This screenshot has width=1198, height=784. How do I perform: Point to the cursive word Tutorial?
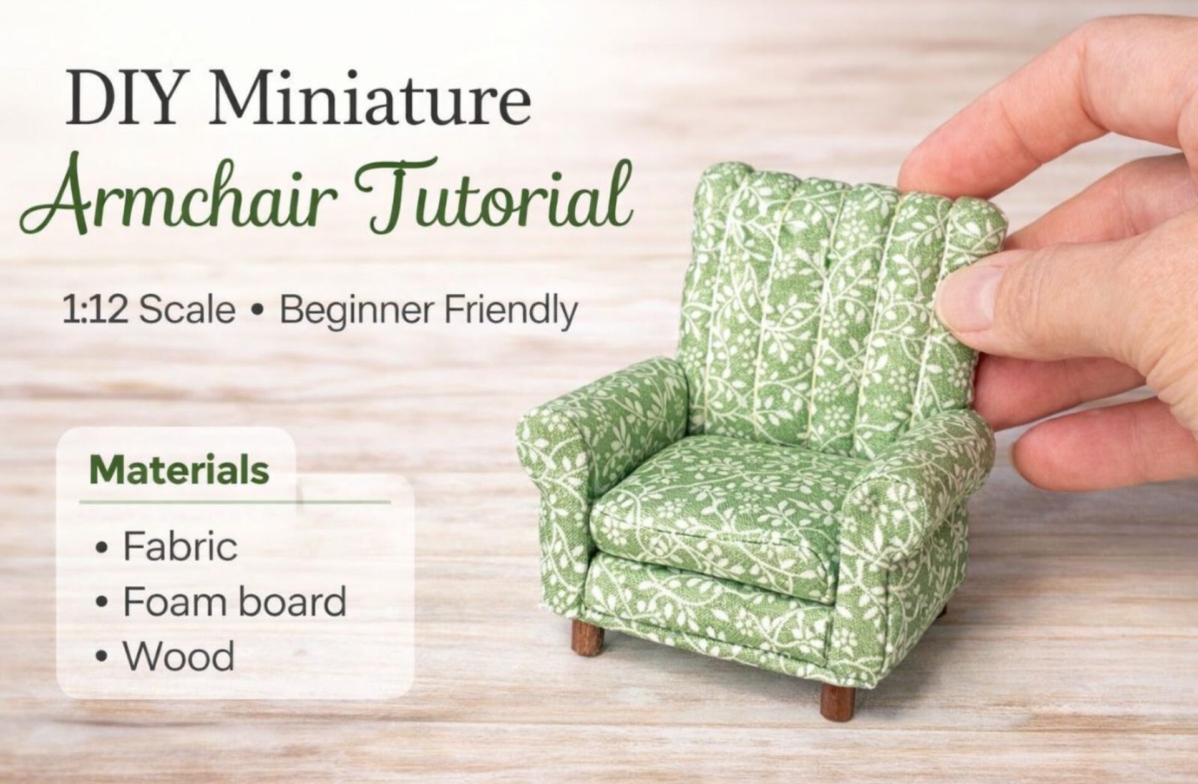pos(493,196)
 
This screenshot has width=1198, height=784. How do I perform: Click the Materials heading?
pos(179,471)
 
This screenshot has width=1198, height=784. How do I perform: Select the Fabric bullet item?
pos(180,546)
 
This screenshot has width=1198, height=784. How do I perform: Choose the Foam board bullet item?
pos(234,601)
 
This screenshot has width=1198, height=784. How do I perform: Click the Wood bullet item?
pos(178,656)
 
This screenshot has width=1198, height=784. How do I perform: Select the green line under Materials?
pos(234,501)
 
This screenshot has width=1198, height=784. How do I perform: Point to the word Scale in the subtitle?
pos(187,310)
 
